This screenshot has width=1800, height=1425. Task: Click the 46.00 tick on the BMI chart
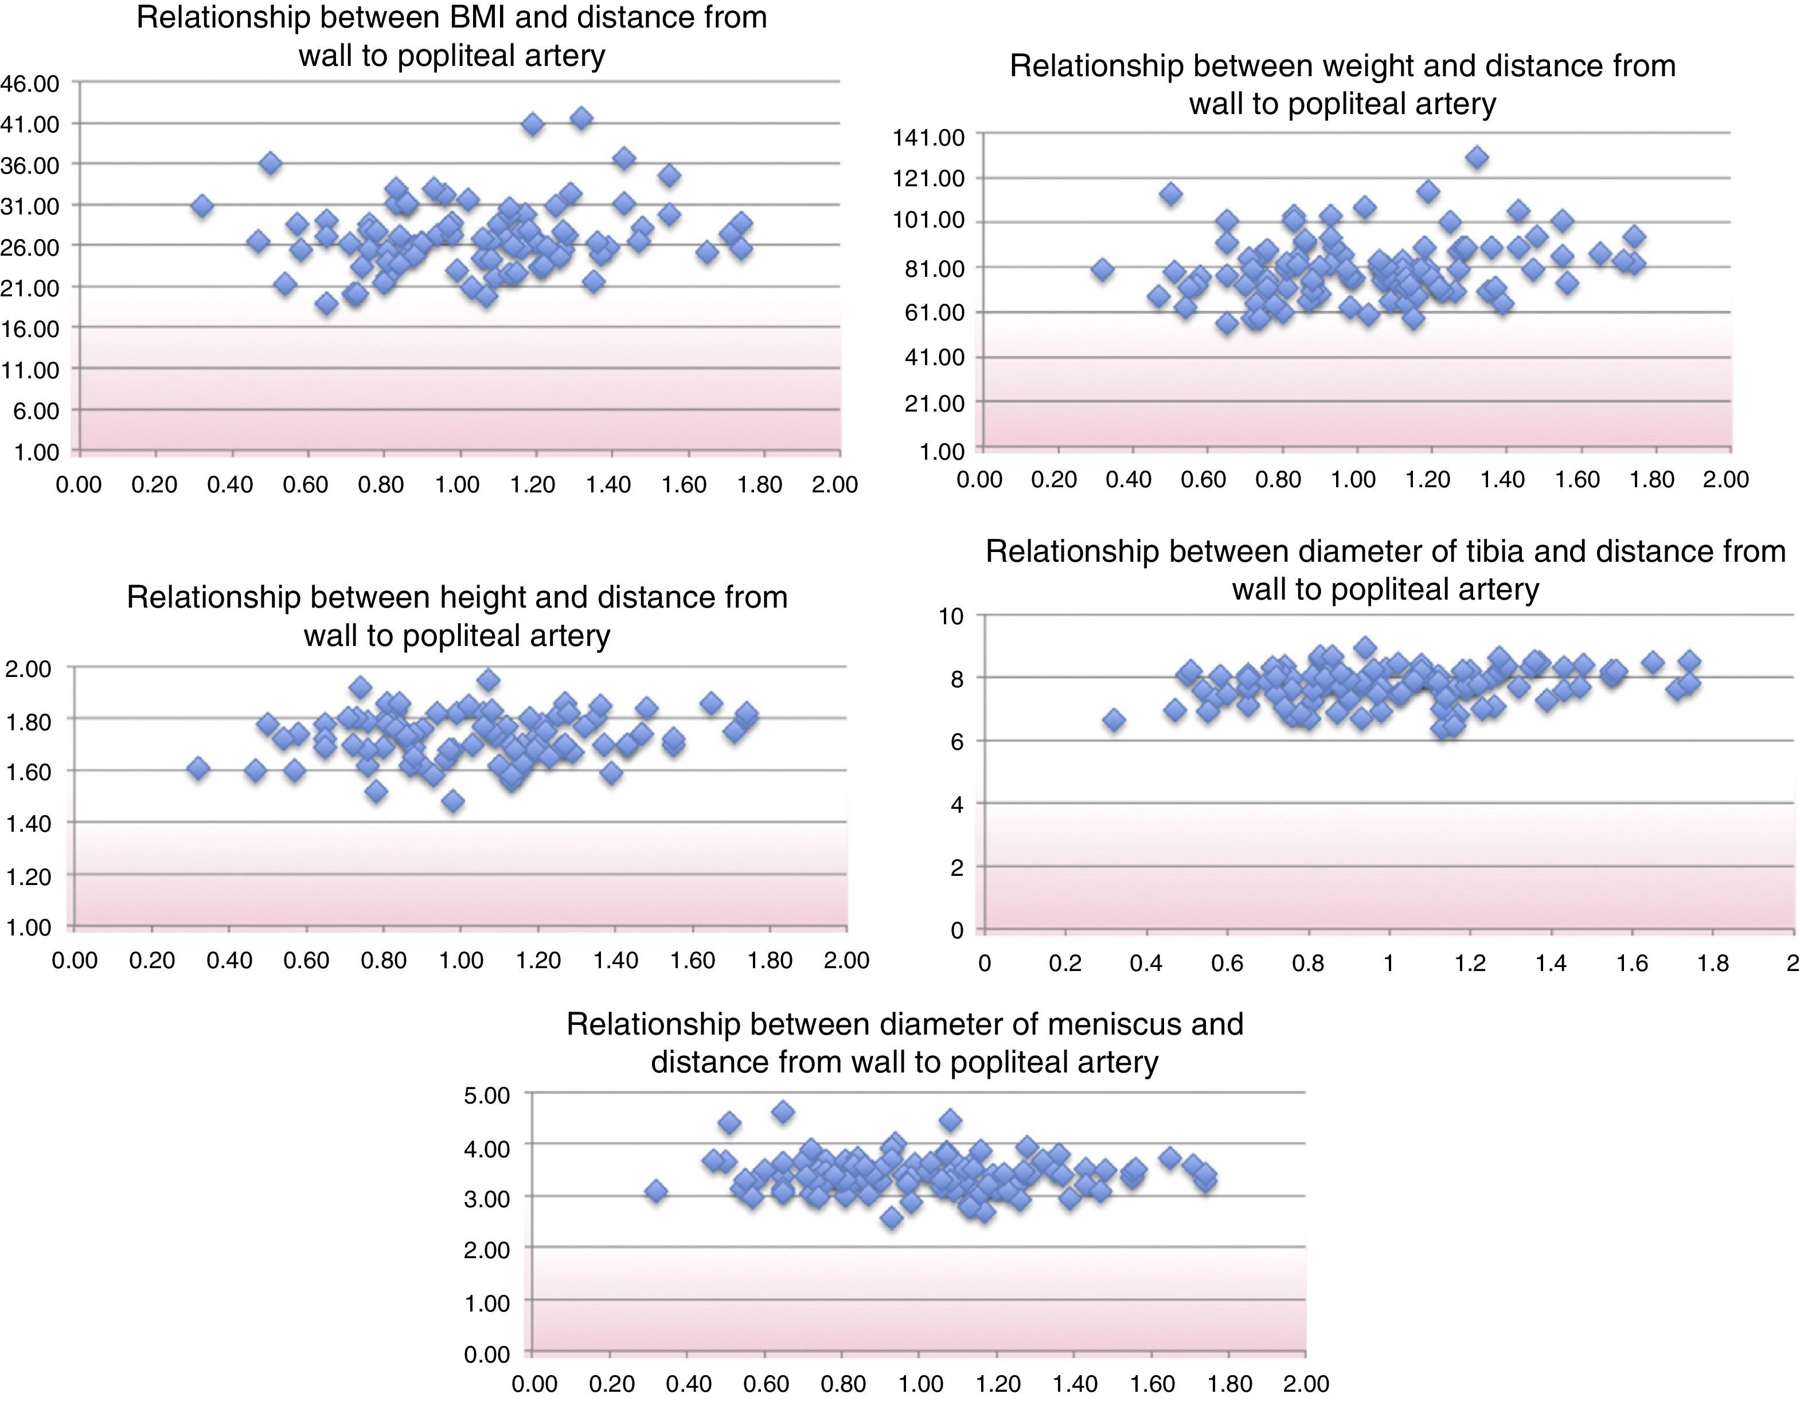[x=30, y=84]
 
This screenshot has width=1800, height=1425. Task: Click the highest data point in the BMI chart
[x=581, y=119]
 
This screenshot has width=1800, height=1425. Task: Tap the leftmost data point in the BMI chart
[x=202, y=206]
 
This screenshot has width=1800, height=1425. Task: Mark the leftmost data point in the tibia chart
[x=1114, y=720]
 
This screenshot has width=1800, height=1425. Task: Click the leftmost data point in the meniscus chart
[x=657, y=1191]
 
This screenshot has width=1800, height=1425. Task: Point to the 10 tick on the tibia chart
[x=951, y=617]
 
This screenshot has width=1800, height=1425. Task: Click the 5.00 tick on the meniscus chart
[x=486, y=1095]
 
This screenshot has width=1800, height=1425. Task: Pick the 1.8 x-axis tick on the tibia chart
[x=1712, y=964]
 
